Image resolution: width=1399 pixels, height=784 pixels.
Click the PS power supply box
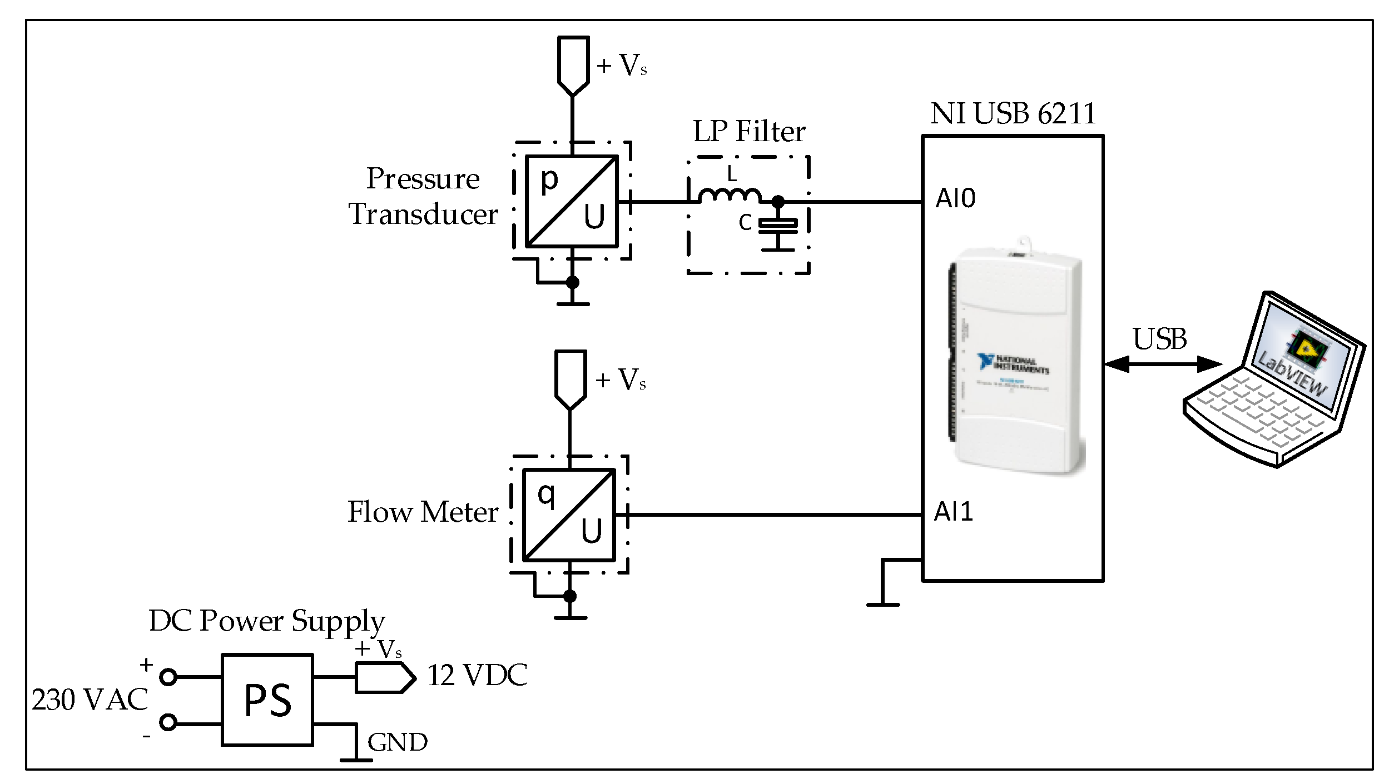267,700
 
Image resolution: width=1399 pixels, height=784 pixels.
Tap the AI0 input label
955,198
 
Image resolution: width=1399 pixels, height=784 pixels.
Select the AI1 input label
953,512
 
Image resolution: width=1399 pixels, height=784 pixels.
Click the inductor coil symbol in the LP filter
730,195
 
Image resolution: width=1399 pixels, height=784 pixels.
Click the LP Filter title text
748,132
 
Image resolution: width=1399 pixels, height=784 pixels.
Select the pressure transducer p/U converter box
572,201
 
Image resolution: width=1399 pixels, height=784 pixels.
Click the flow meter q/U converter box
569,515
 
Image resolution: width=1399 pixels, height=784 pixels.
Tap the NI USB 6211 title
1013,114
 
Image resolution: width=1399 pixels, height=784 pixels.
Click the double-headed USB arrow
1163,364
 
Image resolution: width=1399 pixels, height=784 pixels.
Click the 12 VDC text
477,676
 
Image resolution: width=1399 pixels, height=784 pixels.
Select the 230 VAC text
90,700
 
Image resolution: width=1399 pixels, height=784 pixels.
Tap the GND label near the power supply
397,742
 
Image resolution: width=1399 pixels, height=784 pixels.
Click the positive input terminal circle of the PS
168,677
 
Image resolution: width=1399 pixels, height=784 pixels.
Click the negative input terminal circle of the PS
168,722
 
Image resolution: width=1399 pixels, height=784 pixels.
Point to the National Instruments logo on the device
1013,363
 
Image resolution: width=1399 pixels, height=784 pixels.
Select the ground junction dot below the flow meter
569,596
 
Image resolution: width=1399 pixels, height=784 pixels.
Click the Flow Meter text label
423,512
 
